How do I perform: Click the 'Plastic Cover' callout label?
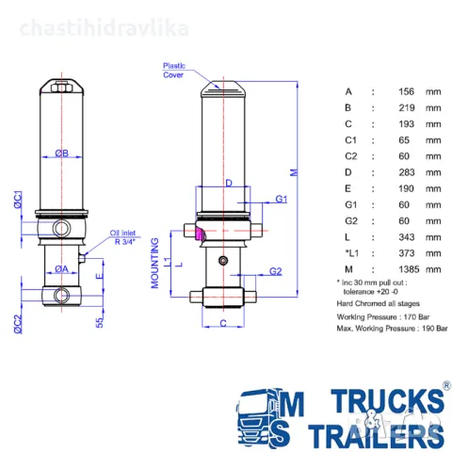click(173, 72)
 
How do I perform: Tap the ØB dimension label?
click(60, 153)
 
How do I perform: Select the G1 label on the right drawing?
click(282, 199)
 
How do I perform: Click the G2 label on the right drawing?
click(276, 271)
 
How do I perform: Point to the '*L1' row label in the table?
click(349, 252)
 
